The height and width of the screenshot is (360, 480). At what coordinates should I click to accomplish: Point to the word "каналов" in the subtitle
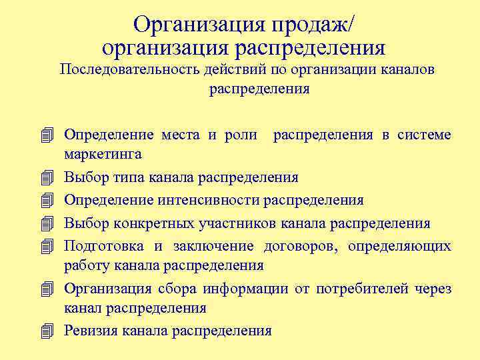[408, 70]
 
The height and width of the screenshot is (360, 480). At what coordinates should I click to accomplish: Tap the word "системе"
[424, 135]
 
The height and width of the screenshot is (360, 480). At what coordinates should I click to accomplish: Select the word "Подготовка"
[104, 246]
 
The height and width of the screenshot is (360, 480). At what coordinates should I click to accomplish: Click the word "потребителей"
[353, 289]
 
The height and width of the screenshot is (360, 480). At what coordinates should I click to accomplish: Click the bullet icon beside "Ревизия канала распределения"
[45, 331]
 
